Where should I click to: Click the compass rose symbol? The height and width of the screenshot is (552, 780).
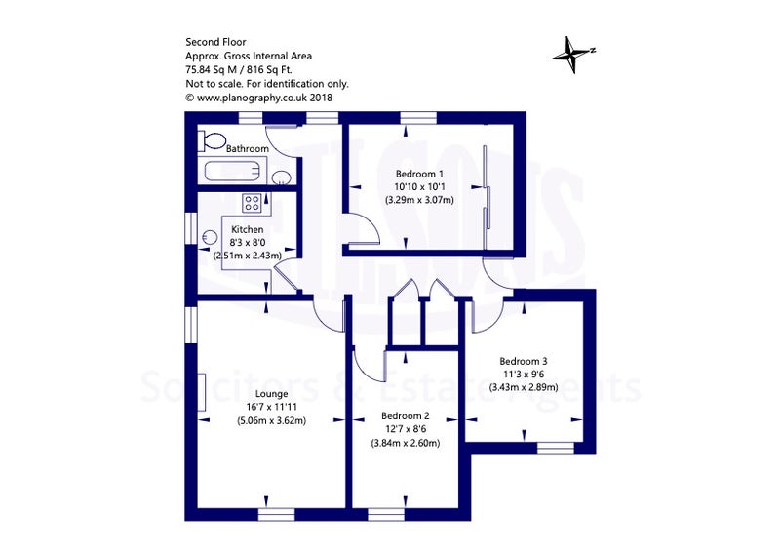[573, 54]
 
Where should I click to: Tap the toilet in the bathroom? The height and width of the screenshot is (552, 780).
[212, 140]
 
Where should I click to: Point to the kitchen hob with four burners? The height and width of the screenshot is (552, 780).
[253, 203]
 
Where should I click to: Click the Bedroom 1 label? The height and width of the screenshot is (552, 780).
[419, 174]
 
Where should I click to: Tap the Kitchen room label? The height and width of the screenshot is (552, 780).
[248, 229]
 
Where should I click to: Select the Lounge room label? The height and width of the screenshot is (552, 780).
[272, 394]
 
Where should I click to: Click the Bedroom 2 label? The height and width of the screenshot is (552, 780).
[406, 416]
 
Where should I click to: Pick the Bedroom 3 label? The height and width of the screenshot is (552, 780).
[524, 361]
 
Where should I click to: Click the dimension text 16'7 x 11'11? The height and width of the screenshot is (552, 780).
[272, 407]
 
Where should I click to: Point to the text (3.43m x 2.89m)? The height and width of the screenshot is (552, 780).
[524, 387]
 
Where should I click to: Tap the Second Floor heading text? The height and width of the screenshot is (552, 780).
[215, 42]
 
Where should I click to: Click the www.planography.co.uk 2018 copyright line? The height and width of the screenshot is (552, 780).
[259, 98]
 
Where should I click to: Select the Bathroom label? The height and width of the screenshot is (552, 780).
[248, 148]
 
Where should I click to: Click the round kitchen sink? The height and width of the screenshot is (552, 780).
[210, 238]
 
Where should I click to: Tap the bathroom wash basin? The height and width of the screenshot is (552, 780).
[282, 177]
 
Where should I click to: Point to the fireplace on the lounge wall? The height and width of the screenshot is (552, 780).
[202, 392]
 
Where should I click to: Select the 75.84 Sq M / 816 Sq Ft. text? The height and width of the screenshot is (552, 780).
[239, 69]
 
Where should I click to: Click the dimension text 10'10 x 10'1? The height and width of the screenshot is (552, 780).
[419, 187]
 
